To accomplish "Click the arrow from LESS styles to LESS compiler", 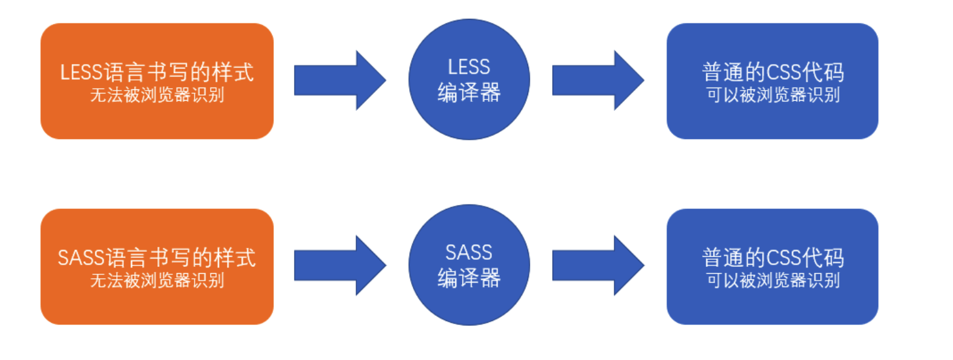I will [339, 81].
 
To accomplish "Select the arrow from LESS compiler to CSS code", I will [597, 81].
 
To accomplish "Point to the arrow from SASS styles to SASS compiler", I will [339, 266].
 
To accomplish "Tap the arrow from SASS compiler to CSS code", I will [597, 266].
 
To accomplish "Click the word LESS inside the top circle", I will [469, 67].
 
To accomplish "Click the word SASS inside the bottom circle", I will [469, 253].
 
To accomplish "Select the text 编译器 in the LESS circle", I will [469, 93].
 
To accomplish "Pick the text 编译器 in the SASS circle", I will [469, 278].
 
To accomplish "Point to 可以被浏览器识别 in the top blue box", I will [773, 96].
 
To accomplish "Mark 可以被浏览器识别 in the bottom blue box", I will [773, 280].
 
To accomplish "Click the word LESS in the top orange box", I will [81, 72].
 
